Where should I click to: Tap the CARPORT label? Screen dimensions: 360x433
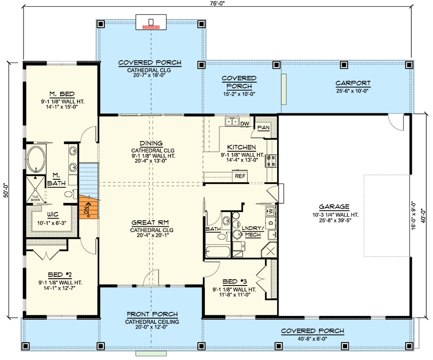tap(353, 83)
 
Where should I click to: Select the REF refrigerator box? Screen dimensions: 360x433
tap(240, 176)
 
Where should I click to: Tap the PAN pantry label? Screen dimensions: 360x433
tap(263, 127)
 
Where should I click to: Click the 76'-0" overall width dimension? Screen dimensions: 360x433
tap(217, 3)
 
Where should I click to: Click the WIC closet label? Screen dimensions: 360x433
tap(53, 215)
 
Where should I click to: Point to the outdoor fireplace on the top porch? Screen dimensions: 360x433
tap(152, 23)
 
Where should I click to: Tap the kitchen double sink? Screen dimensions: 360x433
tap(232, 122)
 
